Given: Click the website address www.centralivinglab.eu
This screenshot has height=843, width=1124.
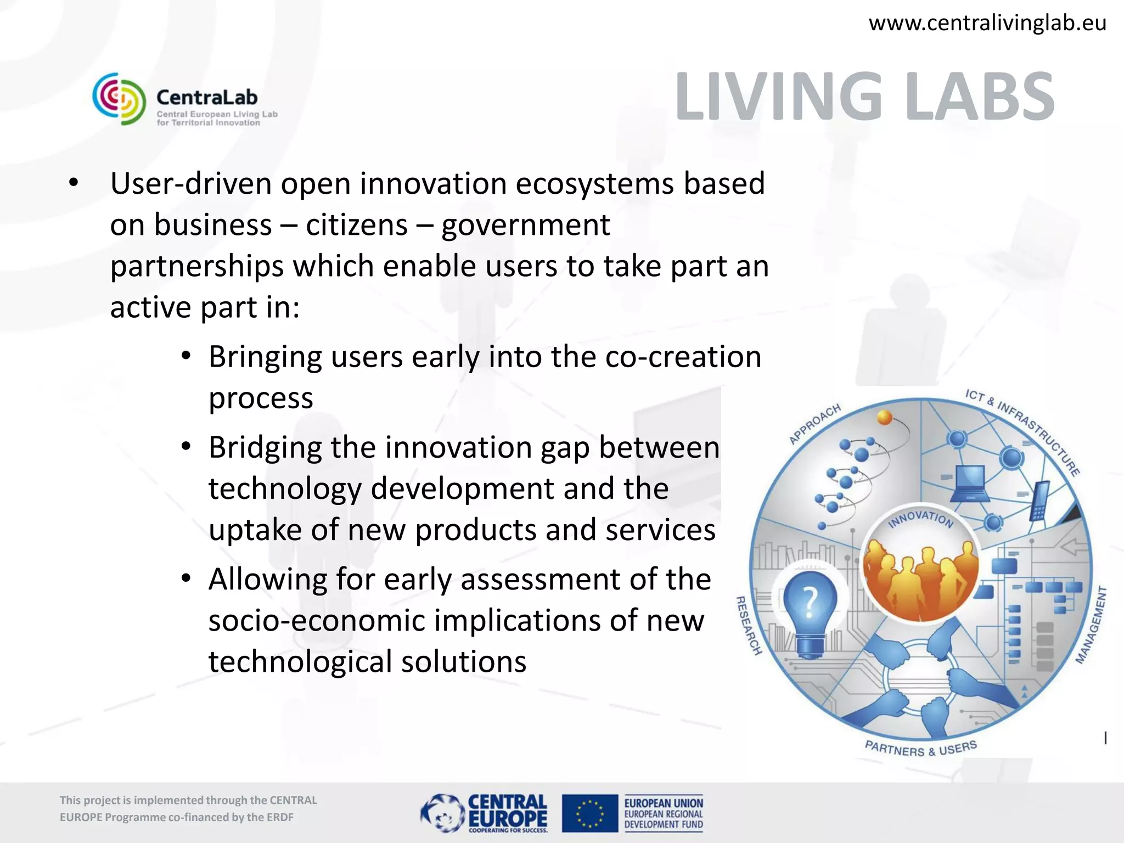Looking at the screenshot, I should [x=987, y=23].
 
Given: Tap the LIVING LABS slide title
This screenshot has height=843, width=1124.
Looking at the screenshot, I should [x=864, y=97].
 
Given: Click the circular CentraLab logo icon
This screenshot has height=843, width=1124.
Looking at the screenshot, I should [x=119, y=99].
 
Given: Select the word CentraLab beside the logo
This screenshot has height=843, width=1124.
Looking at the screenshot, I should [x=207, y=98].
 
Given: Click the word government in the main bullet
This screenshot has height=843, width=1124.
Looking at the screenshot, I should [x=525, y=225].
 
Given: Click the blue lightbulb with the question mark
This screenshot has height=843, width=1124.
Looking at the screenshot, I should [x=810, y=609].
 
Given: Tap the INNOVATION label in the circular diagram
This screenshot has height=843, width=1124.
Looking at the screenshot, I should [x=920, y=518].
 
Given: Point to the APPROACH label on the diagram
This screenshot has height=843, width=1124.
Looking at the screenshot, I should [x=814, y=424].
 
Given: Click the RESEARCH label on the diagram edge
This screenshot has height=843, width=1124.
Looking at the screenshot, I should [x=749, y=626].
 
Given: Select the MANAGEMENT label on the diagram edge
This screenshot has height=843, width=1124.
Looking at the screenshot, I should [x=1091, y=625].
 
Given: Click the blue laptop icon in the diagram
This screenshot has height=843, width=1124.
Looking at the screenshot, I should [x=970, y=484].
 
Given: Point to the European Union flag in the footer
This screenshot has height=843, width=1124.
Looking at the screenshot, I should [x=589, y=813].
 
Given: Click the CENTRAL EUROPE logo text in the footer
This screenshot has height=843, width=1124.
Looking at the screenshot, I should [x=507, y=811].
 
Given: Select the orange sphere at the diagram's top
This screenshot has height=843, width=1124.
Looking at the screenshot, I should [x=885, y=417].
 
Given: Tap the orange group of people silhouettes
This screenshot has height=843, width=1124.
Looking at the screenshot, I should [x=920, y=582].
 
